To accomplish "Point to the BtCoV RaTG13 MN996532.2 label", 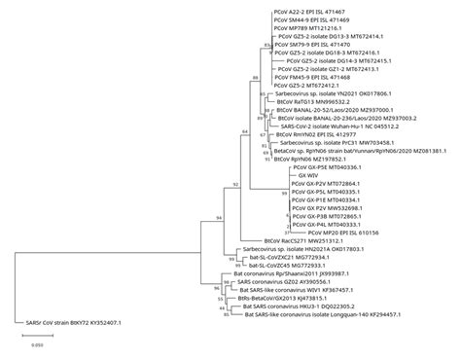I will (x=309, y=99).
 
